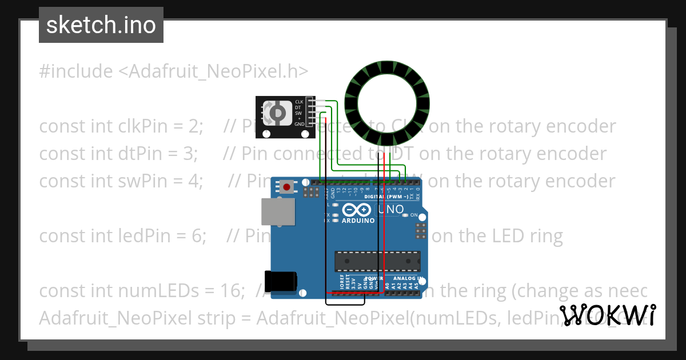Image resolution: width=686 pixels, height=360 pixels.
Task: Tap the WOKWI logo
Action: coord(608,315)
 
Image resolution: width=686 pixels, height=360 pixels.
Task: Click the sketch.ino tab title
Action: coord(101,25)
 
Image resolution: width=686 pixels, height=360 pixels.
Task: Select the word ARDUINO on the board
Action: coord(358,221)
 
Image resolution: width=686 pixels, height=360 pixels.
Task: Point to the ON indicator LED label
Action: coord(414,215)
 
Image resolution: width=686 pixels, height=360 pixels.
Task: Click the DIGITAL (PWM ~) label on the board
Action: coord(385,197)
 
